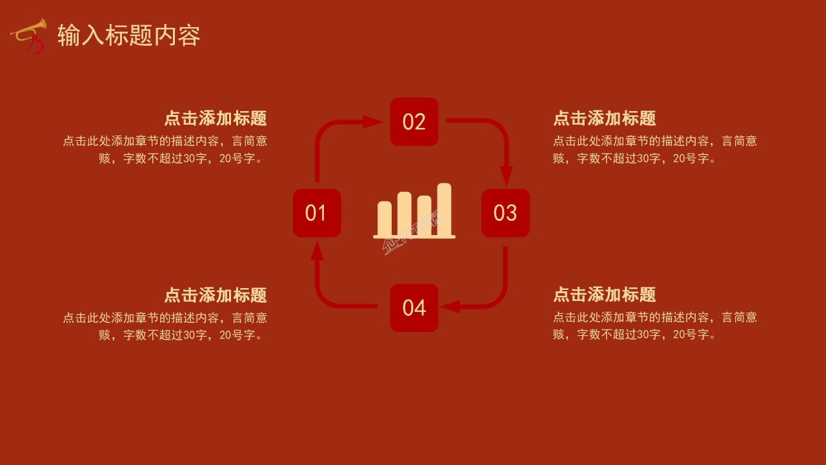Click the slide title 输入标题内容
click(128, 36)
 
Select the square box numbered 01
click(316, 213)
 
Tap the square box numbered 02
click(414, 121)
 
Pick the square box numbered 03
click(505, 213)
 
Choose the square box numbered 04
click(414, 307)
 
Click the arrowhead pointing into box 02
click(372, 121)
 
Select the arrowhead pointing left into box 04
click(450, 306)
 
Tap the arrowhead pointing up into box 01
click(317, 252)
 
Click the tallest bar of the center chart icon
click(444, 208)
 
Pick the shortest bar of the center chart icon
click(385, 217)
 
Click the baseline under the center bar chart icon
click(414, 237)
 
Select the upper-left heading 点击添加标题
click(215, 118)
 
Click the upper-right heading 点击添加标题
click(605, 118)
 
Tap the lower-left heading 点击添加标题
click(215, 295)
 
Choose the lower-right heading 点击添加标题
click(605, 295)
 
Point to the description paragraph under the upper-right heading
click(654, 149)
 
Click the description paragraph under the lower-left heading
click(165, 326)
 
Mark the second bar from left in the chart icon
click(405, 212)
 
